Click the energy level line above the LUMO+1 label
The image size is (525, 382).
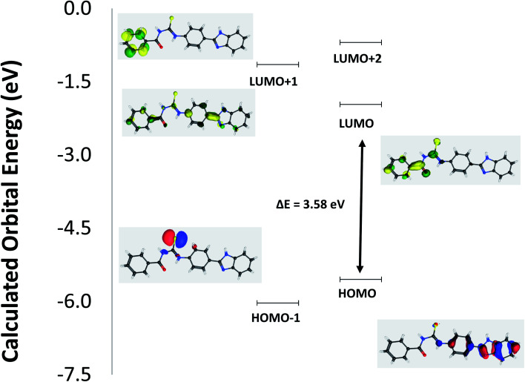(277, 65)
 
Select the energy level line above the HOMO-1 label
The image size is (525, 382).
(277, 303)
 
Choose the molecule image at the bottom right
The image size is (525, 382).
(451, 343)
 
